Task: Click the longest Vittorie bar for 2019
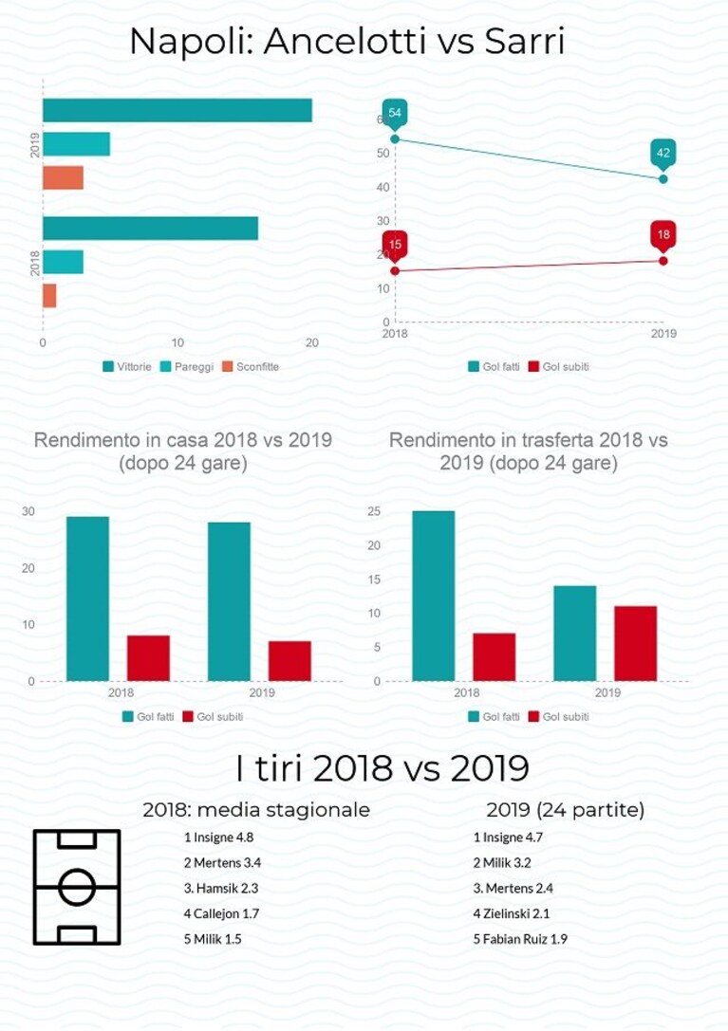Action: tap(177, 110)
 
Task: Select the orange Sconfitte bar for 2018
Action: tap(49, 296)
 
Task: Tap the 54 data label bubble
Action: tap(394, 113)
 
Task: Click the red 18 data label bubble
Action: tap(663, 234)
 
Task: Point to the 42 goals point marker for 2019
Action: tap(663, 179)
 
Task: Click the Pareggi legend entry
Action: tap(187, 367)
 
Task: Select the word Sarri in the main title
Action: tap(525, 41)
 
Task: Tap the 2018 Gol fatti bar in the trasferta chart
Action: tap(433, 596)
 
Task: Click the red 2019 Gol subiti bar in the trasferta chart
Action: tap(635, 644)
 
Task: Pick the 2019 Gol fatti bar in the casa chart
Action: tap(229, 601)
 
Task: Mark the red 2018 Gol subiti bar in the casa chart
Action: tap(148, 658)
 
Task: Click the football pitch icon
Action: tap(77, 887)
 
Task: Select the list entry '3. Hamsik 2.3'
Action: tap(221, 889)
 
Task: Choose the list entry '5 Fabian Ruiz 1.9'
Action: tap(520, 939)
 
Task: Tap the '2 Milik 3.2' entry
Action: tap(501, 863)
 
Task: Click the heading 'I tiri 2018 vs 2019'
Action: tap(383, 768)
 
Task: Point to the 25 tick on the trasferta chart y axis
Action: tap(373, 511)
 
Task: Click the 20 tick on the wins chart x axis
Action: tap(312, 342)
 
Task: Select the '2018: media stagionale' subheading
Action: tap(256, 809)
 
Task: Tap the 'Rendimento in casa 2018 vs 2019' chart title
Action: tap(183, 440)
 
